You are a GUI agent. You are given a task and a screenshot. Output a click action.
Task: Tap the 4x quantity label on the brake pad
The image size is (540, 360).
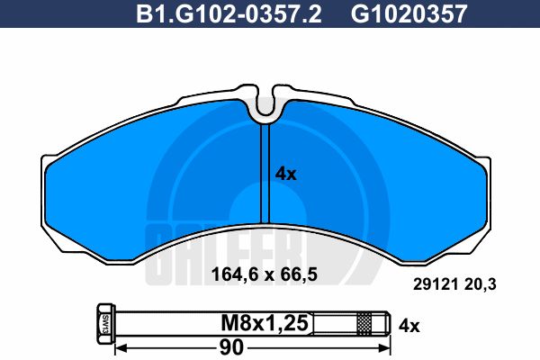tap(284, 175)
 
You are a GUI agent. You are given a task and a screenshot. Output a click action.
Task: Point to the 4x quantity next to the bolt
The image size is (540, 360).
tap(409, 321)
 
